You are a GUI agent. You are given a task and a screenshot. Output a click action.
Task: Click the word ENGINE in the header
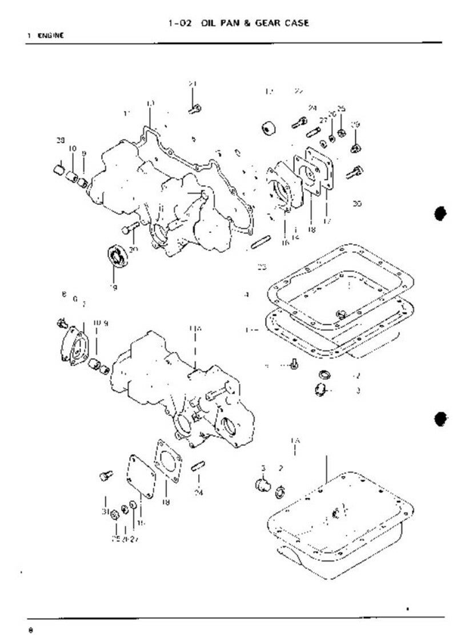point(51,35)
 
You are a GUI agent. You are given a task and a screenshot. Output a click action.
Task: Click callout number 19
point(114,288)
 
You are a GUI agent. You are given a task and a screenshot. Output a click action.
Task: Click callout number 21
point(193,84)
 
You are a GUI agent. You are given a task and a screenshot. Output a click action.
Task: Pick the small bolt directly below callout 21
point(194,107)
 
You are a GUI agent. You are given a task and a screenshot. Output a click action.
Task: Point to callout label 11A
point(195,328)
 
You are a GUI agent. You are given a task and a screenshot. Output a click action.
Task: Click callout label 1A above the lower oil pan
point(295,441)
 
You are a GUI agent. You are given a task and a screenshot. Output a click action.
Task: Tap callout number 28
point(60,140)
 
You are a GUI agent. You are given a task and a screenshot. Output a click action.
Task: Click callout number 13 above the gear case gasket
point(150,103)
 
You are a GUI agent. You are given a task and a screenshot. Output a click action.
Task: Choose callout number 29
point(355,125)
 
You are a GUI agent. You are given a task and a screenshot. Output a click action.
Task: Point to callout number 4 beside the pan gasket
point(246,295)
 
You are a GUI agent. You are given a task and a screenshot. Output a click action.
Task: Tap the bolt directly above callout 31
point(105,475)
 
